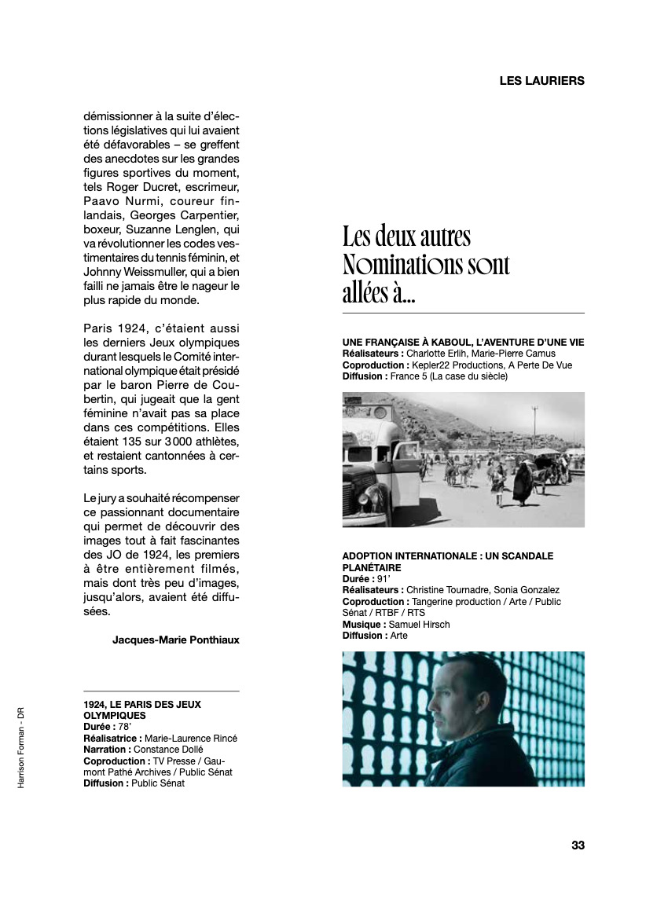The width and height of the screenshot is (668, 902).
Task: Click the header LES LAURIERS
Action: [x=541, y=80]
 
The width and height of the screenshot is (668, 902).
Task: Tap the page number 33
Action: [x=578, y=845]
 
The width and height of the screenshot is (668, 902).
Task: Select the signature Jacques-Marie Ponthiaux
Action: [x=175, y=640]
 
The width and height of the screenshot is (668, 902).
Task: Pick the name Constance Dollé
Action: [x=162, y=750]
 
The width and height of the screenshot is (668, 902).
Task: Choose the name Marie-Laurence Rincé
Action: [x=191, y=739]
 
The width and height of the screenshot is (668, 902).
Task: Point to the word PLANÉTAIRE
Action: [x=372, y=567]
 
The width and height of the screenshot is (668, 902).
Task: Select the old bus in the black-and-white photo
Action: [x=377, y=456]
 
